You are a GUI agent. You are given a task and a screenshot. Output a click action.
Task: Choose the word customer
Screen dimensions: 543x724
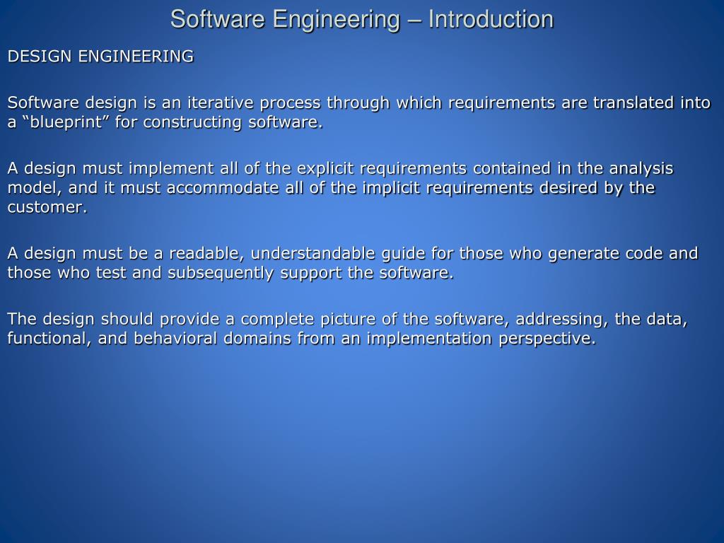coord(46,206)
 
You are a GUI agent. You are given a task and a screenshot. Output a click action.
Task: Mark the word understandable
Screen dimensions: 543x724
coord(314,253)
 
